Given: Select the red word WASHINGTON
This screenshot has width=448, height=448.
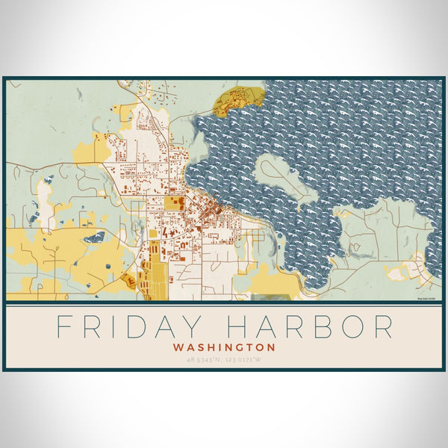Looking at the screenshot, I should click(x=224, y=347).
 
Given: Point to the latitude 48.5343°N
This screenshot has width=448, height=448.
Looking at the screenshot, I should click(x=205, y=360).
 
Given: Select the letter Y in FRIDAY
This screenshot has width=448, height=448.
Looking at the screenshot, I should click(x=187, y=327).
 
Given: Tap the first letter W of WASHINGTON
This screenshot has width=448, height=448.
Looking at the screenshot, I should click(x=177, y=347).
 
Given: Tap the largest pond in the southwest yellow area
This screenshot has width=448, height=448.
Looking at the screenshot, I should click(x=94, y=237).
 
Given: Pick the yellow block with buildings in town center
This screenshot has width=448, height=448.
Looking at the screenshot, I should click(x=172, y=202).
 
